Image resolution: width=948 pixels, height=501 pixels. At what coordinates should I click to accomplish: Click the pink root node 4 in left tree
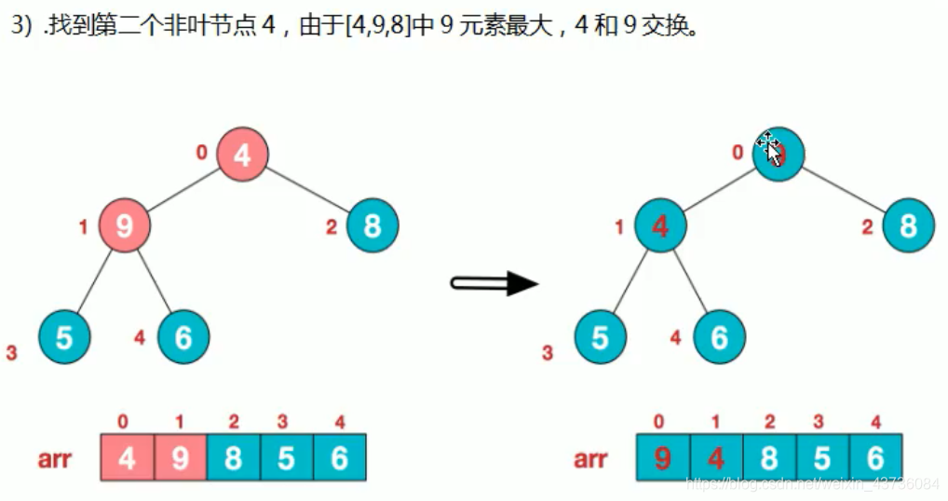point(242,154)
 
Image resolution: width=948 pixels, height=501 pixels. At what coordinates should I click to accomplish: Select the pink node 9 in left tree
point(124,224)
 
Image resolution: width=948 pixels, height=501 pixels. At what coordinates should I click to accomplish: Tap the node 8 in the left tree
point(372,225)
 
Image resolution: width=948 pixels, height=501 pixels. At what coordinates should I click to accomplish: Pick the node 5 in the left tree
point(64,336)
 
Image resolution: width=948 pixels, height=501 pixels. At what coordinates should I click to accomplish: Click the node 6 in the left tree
point(183,336)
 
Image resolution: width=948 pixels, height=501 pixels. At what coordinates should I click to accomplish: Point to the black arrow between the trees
point(494,283)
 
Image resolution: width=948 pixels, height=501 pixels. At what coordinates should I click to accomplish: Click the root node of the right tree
point(779,154)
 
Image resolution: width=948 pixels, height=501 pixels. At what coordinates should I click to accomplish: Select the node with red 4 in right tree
point(660,225)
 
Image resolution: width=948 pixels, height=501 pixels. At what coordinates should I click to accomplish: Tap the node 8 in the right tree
point(908,225)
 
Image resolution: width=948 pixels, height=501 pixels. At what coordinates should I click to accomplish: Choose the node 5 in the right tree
point(600,336)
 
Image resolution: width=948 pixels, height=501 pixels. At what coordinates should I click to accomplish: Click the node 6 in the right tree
point(719,336)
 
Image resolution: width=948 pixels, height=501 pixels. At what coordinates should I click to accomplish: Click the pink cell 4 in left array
point(127,457)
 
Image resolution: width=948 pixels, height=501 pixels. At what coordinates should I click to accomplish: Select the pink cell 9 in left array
point(180,457)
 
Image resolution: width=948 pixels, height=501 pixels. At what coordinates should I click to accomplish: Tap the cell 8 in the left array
point(234,457)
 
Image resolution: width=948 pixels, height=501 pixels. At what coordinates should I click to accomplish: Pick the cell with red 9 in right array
point(663,457)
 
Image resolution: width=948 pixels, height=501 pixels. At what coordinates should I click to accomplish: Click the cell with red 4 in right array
point(716,457)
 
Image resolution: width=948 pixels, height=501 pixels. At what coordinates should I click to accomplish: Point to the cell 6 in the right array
point(875,457)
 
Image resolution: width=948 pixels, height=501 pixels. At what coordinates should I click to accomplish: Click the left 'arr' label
point(55,458)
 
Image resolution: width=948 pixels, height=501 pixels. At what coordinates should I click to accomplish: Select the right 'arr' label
point(591,458)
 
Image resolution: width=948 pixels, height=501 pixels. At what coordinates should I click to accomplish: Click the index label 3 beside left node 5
point(12,353)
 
